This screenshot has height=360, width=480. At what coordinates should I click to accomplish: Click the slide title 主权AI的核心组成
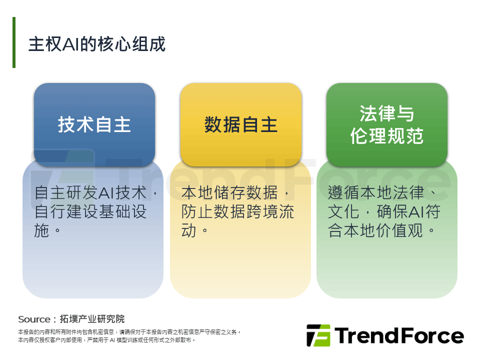(x=96, y=44)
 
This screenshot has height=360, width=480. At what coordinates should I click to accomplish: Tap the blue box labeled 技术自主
(x=94, y=124)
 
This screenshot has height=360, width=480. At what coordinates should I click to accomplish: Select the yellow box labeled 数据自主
(x=241, y=124)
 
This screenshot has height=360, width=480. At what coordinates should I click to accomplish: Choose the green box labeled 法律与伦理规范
(x=387, y=124)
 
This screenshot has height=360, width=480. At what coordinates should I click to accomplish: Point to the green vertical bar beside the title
(x=14, y=42)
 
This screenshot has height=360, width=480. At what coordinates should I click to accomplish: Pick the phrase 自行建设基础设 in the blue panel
(x=90, y=211)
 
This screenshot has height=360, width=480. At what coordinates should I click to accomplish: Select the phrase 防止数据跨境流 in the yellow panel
(x=237, y=211)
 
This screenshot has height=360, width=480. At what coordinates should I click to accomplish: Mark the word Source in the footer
(x=34, y=319)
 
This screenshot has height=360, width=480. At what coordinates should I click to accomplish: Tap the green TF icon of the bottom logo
(x=318, y=335)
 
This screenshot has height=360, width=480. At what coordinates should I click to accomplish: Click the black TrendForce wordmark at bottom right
(x=399, y=335)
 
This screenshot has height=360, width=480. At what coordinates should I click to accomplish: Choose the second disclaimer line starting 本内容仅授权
(x=106, y=340)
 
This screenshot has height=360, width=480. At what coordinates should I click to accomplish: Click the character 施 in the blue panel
(x=41, y=230)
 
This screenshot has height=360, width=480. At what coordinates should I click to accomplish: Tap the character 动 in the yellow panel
(x=188, y=230)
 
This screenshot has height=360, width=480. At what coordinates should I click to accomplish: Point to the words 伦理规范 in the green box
(x=387, y=135)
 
